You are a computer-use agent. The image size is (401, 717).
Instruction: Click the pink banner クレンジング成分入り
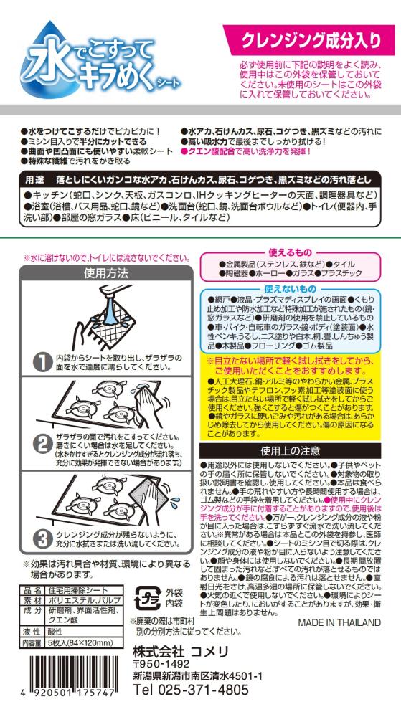coord(311,39)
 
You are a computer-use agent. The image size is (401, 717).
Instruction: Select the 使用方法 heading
coord(106,274)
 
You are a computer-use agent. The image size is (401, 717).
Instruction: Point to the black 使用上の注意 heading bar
coord(290,450)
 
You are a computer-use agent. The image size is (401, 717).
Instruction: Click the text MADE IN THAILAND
coord(339,622)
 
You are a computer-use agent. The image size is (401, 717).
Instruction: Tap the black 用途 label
coord(34,179)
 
